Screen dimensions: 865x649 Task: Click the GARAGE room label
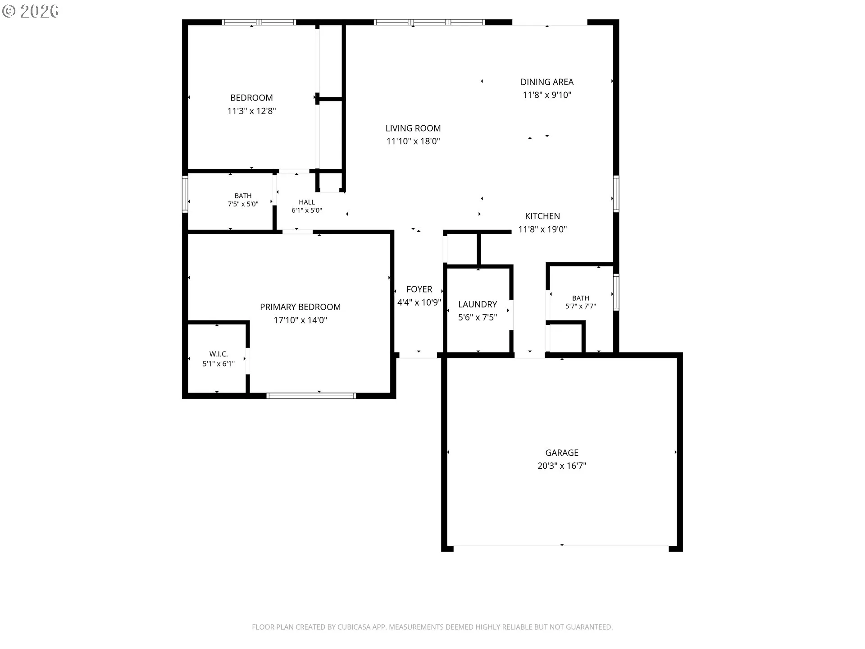562,452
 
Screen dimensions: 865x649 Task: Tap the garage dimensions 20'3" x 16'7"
562,466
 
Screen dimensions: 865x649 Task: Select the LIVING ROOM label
413,128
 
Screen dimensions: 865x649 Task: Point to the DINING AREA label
547,82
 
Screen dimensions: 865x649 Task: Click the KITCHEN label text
542,216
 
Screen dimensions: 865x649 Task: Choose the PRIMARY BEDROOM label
300,307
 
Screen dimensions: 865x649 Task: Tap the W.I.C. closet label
219,354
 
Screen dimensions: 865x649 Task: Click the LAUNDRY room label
478,304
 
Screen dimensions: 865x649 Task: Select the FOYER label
419,289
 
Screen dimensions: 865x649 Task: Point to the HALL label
307,202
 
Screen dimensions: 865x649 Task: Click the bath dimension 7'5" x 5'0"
243,204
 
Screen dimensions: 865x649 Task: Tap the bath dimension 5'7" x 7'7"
581,306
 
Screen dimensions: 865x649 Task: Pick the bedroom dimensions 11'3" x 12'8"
251,111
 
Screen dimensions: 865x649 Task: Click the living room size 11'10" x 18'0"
413,142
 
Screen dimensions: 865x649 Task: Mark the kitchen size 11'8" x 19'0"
542,229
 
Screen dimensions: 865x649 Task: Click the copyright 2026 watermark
30,11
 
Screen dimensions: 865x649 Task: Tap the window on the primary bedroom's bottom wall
311,396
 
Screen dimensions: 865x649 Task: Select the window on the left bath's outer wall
185,194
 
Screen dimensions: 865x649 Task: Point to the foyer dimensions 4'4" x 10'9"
419,302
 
